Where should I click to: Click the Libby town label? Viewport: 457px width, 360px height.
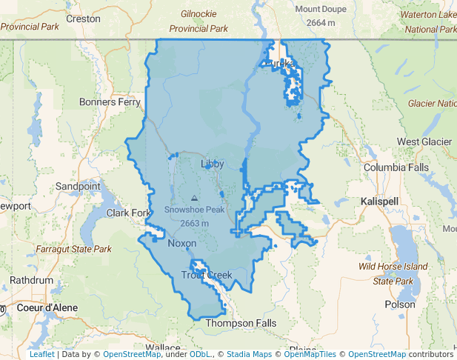(x=212, y=163)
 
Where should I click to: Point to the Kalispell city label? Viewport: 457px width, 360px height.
(x=379, y=201)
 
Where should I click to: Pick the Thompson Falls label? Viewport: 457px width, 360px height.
(x=241, y=323)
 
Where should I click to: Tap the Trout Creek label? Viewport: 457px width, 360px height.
(x=207, y=276)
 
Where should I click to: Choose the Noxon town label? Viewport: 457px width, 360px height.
(x=182, y=243)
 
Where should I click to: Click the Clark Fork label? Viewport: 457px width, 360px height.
(x=128, y=213)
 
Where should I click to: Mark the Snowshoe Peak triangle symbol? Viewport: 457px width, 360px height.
(x=194, y=199)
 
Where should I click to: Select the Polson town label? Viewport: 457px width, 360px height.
(x=400, y=304)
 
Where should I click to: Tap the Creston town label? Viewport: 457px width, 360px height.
(x=83, y=18)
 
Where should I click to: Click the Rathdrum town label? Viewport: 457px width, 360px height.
(x=32, y=281)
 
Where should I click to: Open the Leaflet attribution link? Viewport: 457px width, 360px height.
(x=41, y=354)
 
